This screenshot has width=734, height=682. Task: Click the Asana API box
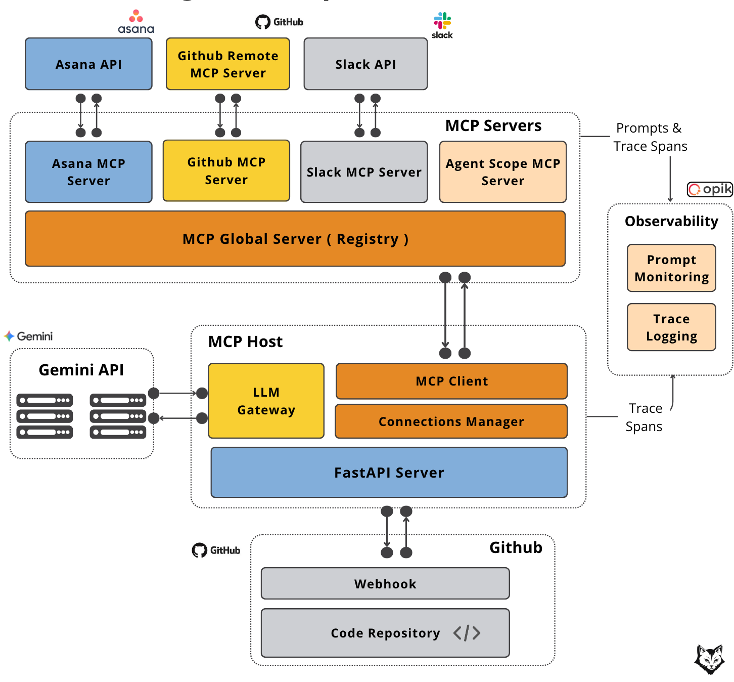(88, 64)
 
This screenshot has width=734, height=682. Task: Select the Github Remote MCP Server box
(228, 64)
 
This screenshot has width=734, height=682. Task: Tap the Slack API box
(365, 64)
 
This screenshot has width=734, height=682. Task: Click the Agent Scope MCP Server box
(503, 172)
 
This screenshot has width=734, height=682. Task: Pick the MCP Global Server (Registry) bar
(295, 239)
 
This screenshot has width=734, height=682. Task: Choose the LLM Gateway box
(266, 401)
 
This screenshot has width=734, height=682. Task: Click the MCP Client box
(451, 381)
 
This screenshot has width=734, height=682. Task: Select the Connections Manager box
(451, 421)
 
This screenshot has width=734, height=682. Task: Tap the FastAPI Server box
(389, 473)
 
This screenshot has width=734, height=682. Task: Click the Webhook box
(385, 584)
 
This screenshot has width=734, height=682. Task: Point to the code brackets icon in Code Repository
(467, 633)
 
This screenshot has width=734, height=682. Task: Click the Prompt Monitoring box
(671, 268)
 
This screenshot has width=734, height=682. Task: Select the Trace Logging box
(671, 327)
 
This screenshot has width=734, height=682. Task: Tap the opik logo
(710, 189)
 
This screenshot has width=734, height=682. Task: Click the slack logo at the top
(442, 25)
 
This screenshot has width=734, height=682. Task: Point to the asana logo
(136, 22)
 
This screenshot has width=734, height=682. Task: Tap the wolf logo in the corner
(709, 659)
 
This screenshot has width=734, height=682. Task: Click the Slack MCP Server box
(364, 172)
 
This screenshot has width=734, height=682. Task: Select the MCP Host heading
(245, 342)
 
